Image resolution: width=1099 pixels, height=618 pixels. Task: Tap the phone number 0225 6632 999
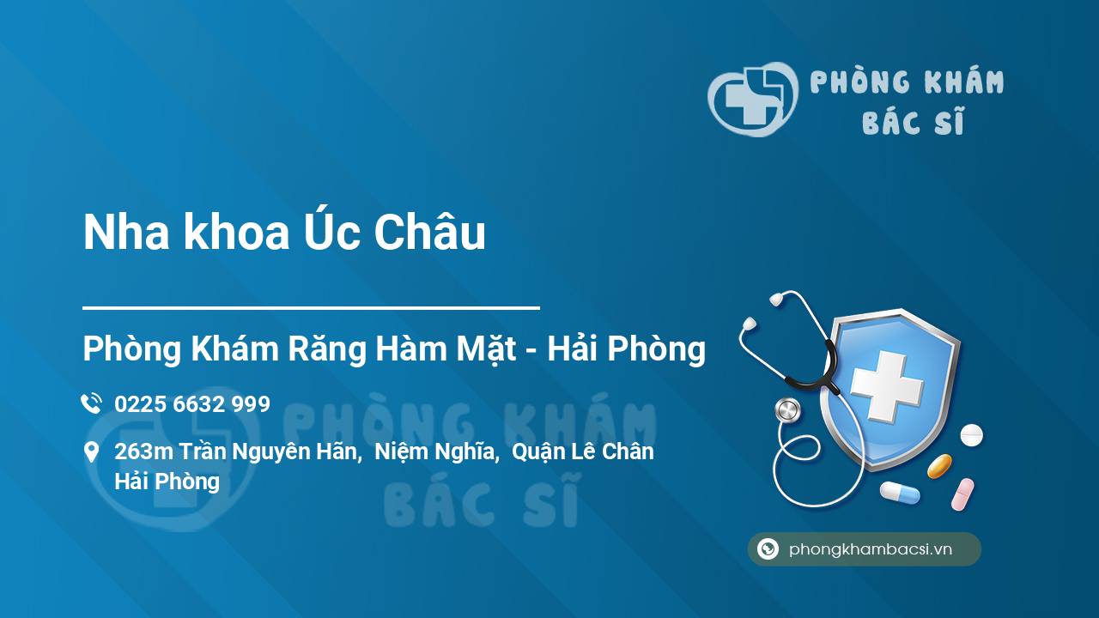point(192,404)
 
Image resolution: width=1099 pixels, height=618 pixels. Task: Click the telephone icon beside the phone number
point(92,403)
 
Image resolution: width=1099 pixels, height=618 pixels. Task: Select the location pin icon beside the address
point(91,452)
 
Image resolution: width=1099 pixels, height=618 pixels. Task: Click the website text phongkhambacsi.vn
point(871,549)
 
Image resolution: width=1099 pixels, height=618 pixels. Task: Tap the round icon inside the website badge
point(768,548)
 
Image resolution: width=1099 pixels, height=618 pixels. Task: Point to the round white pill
point(971,435)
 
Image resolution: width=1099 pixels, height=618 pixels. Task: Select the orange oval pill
point(939,466)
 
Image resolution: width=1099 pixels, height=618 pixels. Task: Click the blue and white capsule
point(900,493)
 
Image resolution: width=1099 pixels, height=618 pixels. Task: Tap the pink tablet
point(962,494)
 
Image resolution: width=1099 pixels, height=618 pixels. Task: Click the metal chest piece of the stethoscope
point(788,411)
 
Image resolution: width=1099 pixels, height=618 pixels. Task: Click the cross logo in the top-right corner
point(751,99)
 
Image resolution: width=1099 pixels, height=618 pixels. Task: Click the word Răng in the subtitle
point(327,349)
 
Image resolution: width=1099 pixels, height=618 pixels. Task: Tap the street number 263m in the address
point(143,451)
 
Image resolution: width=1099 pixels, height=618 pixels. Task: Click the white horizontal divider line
point(311,308)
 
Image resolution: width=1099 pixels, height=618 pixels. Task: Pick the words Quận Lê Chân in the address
point(583,452)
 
